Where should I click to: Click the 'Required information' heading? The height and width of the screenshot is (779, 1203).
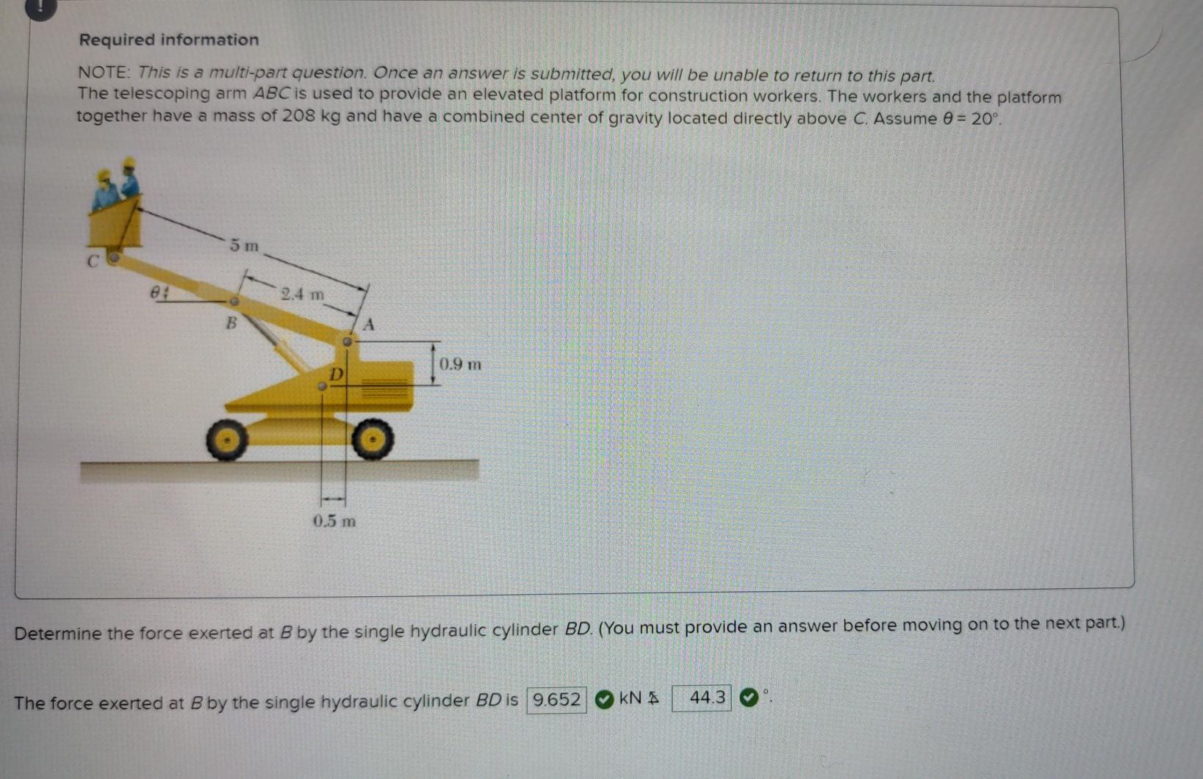(168, 40)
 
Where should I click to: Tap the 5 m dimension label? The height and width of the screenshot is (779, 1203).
(244, 245)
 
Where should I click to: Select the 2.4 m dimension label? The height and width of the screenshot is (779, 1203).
(302, 294)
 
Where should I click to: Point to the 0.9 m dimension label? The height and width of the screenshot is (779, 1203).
(460, 364)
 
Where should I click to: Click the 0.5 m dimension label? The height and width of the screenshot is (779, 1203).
(334, 521)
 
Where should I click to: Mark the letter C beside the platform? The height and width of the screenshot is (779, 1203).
(93, 261)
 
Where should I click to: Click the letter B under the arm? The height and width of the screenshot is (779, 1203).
(231, 322)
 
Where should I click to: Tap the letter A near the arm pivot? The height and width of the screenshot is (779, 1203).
(370, 324)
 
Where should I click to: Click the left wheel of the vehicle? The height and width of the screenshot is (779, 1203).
(226, 439)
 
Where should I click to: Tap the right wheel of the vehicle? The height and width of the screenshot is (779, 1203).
(373, 439)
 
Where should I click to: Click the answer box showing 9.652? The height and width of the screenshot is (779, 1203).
(556, 700)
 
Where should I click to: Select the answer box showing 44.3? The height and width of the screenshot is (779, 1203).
(702, 698)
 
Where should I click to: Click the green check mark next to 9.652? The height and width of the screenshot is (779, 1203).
(603, 700)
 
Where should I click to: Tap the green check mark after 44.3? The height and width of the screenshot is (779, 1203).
(747, 698)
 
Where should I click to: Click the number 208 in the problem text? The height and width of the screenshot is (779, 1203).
(298, 117)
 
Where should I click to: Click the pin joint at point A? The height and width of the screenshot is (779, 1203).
(348, 341)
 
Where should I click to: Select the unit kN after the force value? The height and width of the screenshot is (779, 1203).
(631, 698)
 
